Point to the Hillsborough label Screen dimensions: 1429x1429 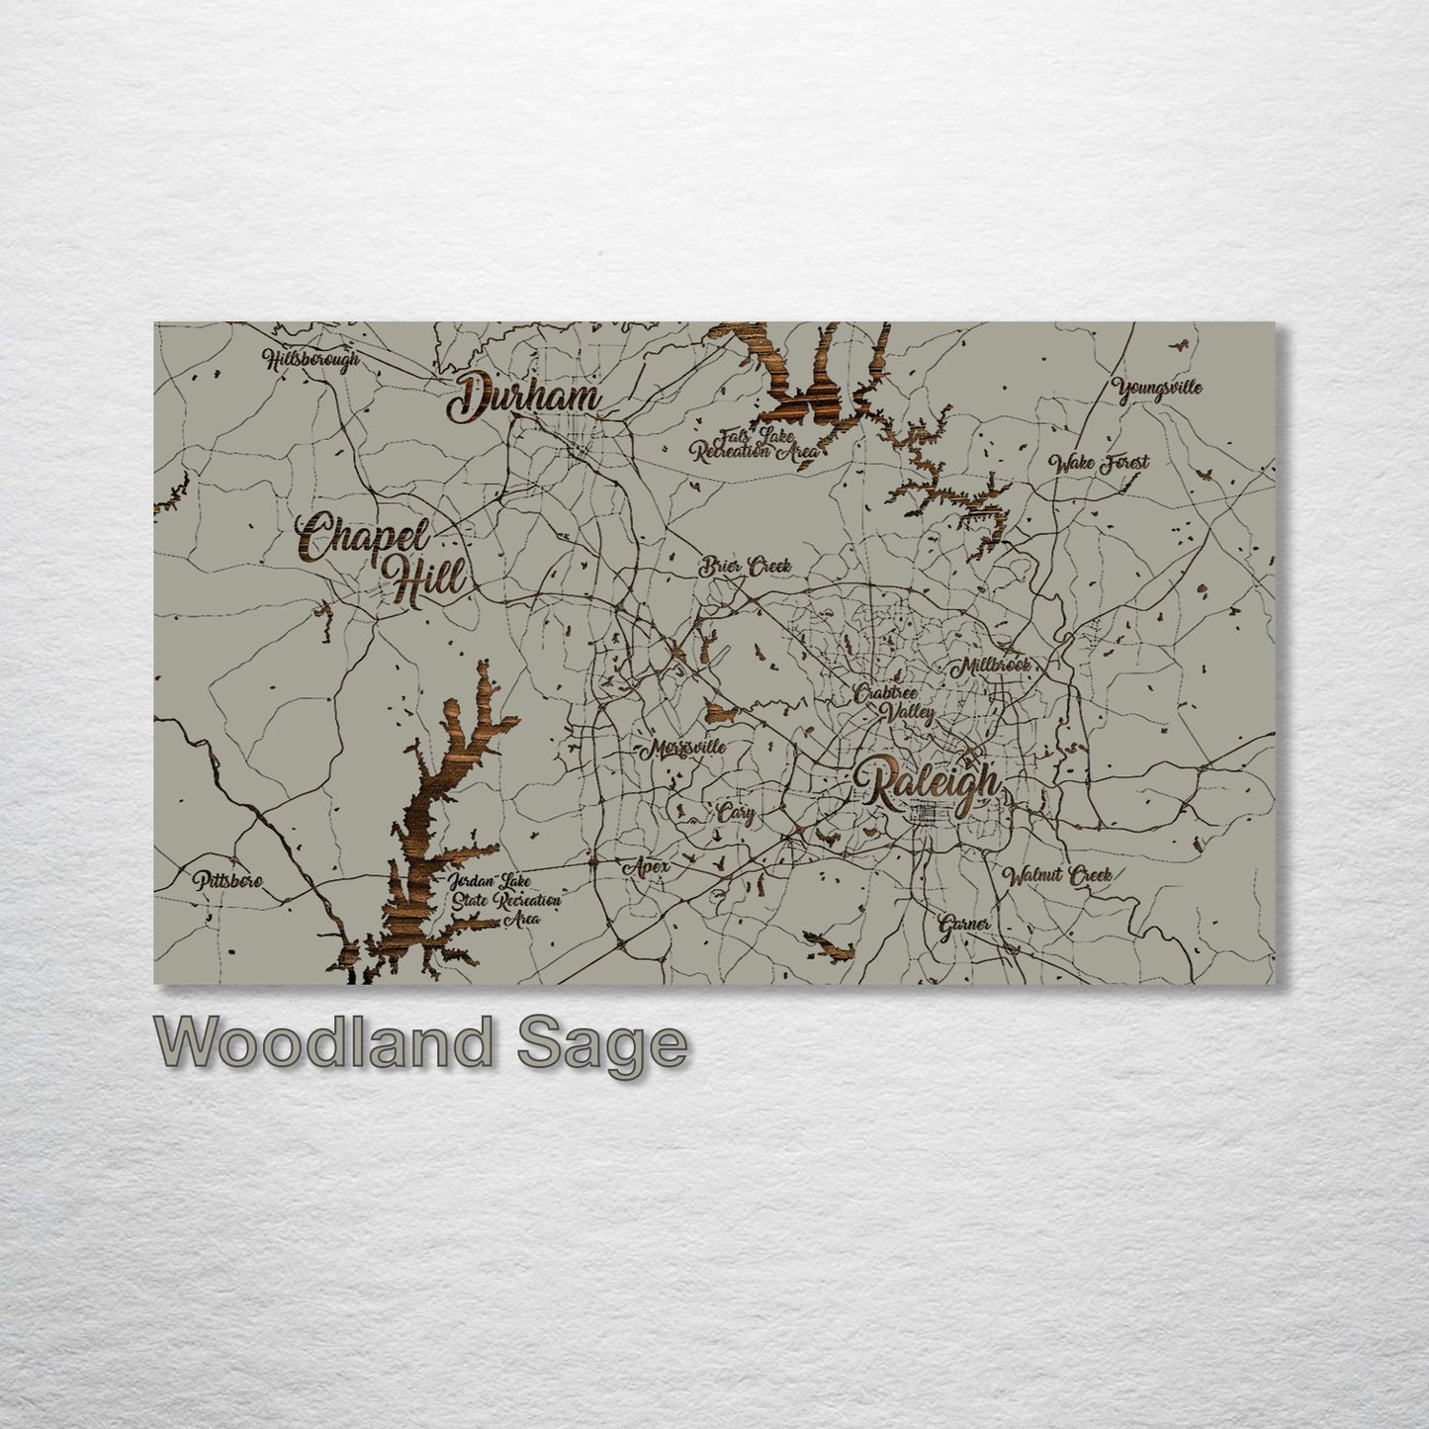pyautogui.click(x=313, y=361)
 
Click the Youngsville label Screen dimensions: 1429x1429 pyautogui.click(x=1157, y=387)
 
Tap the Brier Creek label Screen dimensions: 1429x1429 pyautogui.click(x=747, y=568)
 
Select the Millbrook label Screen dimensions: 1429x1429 pyautogui.click(x=991, y=666)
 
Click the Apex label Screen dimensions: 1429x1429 pyautogui.click(x=647, y=867)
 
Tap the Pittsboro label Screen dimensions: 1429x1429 pyautogui.click(x=227, y=879)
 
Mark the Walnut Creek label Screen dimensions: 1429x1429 pyautogui.click(x=1057, y=875)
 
